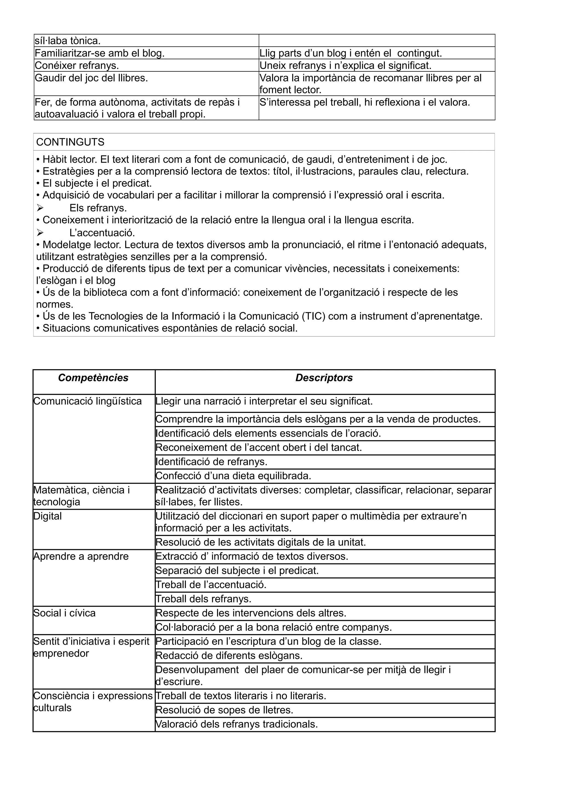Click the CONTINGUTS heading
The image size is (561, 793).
(70, 142)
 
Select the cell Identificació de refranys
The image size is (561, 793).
(211, 462)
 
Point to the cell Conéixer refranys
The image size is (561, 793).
(77, 65)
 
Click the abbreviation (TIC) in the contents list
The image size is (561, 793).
(313, 316)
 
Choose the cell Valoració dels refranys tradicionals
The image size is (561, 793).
(236, 724)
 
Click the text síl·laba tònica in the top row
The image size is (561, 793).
(67, 41)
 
